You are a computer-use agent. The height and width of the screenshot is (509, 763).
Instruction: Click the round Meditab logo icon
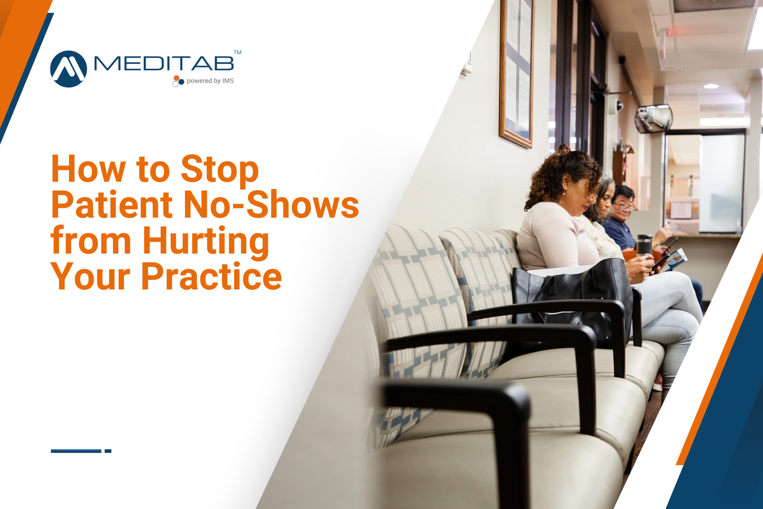[68, 69]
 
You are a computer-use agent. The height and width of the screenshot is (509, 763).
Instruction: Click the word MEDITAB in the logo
[164, 64]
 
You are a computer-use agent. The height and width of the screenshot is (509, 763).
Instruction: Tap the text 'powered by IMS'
[210, 81]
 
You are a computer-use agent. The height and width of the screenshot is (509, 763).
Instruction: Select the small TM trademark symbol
[237, 52]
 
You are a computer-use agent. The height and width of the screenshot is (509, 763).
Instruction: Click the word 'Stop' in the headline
[219, 169]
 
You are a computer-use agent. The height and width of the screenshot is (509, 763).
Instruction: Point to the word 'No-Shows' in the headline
[271, 205]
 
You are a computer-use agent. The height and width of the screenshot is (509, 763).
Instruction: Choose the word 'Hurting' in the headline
[206, 241]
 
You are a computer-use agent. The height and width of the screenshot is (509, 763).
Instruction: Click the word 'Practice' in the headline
[211, 277]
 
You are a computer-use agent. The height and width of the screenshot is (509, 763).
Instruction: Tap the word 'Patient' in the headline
[112, 205]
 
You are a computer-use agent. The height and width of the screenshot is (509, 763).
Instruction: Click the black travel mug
[644, 245]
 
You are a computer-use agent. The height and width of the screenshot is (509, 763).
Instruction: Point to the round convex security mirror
[653, 119]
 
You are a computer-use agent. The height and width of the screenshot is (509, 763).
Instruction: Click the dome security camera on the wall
[619, 106]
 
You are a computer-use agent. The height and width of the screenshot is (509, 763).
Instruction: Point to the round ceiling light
[711, 86]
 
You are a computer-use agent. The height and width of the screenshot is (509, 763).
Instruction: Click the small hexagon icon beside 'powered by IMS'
[178, 81]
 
